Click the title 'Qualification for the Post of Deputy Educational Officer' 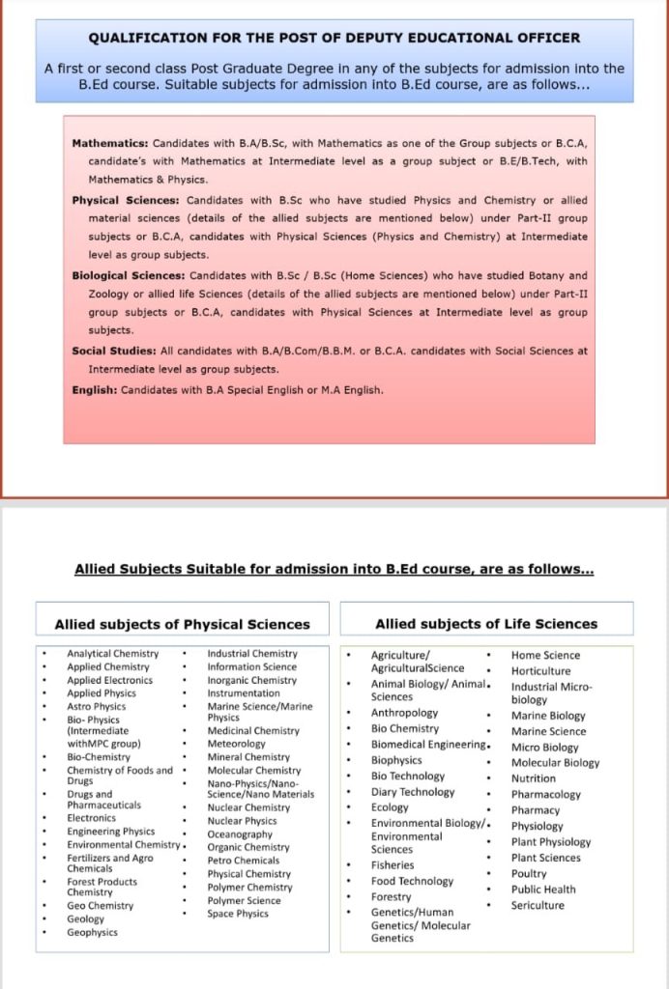tap(334, 38)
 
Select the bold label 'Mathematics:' tap(110, 143)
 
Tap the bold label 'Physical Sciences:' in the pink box tap(126, 200)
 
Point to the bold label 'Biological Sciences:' tap(130, 275)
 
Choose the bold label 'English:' tap(95, 390)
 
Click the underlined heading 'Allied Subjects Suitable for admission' tap(334, 569)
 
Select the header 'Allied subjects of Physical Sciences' tap(182, 624)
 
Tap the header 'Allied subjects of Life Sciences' tap(486, 624)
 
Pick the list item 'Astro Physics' tap(97, 706)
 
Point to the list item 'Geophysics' tap(93, 932)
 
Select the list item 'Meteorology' tap(236, 744)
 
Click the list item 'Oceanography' tap(240, 834)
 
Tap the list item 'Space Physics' tap(238, 914)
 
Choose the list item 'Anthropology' tap(404, 713)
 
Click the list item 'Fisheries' tap(393, 865)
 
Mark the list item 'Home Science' tap(545, 655)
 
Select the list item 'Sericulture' tap(538, 905)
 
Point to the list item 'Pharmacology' tap(546, 795)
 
